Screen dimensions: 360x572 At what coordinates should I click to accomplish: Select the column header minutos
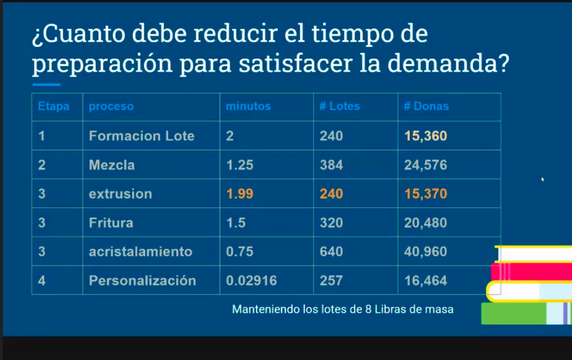pyautogui.click(x=248, y=106)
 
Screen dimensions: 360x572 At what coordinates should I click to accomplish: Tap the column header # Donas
pyautogui.click(x=426, y=106)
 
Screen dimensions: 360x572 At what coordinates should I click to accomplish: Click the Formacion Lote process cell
pyautogui.click(x=141, y=136)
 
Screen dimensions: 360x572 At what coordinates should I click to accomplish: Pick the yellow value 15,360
pyautogui.click(x=426, y=136)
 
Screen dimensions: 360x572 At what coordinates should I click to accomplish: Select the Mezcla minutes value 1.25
pyautogui.click(x=239, y=165)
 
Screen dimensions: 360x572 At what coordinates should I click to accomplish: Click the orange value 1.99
pyautogui.click(x=239, y=194)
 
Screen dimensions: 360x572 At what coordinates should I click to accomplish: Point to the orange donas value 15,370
pyautogui.click(x=426, y=194)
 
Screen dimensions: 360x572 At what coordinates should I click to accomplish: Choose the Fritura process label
pyautogui.click(x=111, y=223)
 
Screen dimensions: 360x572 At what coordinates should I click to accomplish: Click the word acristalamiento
pyautogui.click(x=140, y=251)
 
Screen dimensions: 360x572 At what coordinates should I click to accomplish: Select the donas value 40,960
pyautogui.click(x=426, y=251)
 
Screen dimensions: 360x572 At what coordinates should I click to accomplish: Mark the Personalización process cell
pyautogui.click(x=142, y=281)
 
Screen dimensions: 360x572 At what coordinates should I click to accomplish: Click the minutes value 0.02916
pyautogui.click(x=251, y=281)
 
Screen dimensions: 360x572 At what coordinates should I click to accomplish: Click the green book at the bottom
pyautogui.click(x=512, y=314)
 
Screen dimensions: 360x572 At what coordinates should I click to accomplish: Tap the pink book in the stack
pyautogui.click(x=529, y=272)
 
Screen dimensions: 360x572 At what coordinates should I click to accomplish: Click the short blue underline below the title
pyautogui.click(x=46, y=85)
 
